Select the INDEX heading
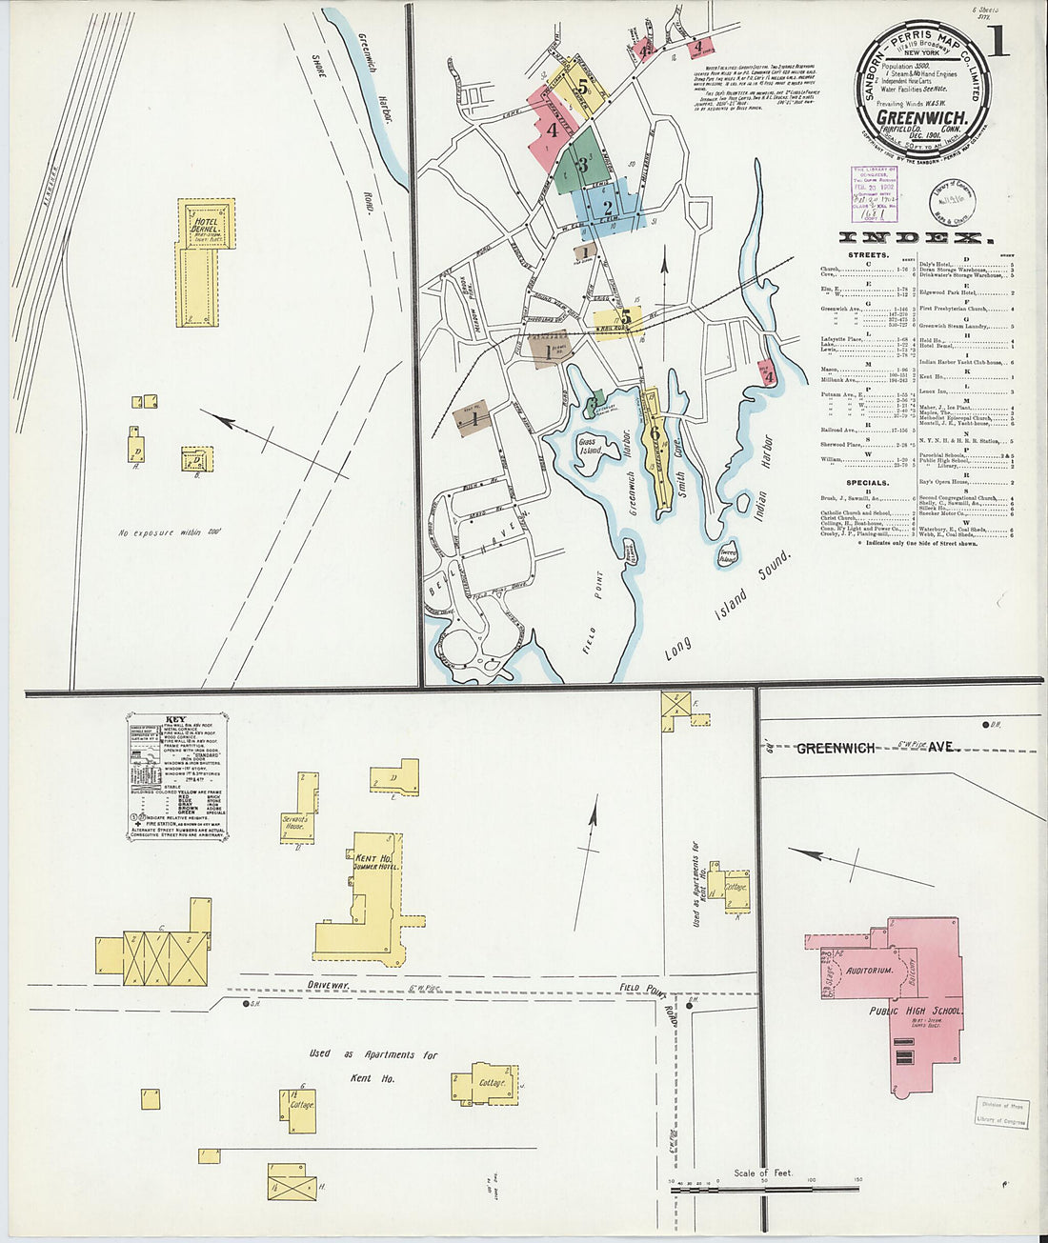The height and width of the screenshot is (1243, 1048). click(917, 238)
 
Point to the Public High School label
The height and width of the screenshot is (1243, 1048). click(916, 1012)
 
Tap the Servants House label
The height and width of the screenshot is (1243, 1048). click(294, 822)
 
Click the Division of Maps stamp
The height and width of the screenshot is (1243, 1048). click(1002, 1112)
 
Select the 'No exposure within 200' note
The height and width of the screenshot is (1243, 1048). click(170, 532)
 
